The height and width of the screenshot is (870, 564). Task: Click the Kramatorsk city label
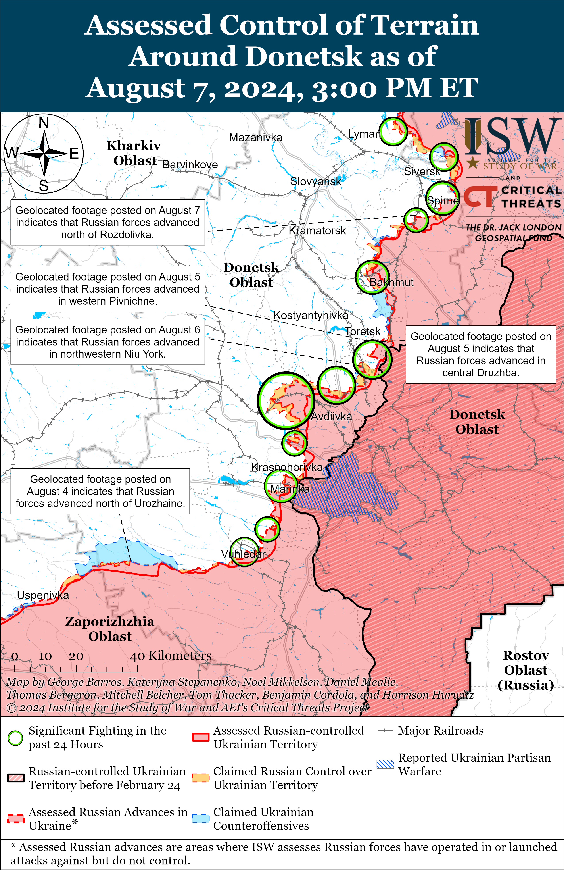317,231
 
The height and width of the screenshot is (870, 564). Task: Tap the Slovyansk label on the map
315,181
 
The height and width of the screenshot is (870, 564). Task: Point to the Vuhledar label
243,554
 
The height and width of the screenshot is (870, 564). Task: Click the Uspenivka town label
43,595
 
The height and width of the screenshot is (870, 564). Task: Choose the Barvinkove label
190,165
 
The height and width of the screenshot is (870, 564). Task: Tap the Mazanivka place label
255,137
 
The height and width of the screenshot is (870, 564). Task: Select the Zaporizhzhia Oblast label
110,629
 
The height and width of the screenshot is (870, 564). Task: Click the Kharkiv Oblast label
134,153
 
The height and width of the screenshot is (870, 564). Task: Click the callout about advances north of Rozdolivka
107,222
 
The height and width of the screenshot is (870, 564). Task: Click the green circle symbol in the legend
15,738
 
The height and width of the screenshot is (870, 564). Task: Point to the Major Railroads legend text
440,731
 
